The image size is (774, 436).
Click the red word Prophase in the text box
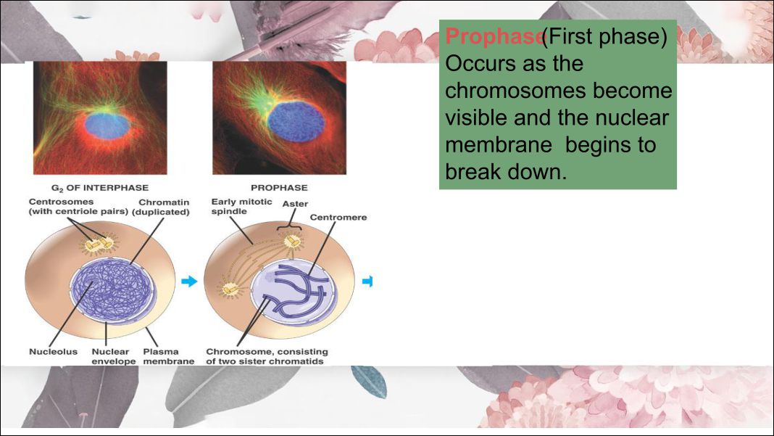coord(494,36)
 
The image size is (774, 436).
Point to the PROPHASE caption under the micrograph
coord(279,188)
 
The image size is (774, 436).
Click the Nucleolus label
coord(53,352)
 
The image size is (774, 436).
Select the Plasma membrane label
coord(168,356)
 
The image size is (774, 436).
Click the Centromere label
coord(338,217)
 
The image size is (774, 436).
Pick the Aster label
coord(295,204)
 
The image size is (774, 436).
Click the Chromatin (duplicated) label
coord(164,207)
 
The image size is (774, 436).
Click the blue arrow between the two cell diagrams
coord(188,281)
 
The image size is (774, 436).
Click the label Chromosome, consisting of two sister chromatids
coord(265,356)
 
